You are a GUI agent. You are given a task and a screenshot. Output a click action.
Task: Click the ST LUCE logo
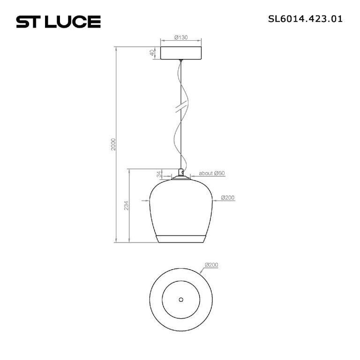point(58,22)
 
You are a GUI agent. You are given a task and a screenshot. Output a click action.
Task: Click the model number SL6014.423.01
point(305,19)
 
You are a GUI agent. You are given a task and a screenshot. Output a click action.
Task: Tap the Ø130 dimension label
point(181,37)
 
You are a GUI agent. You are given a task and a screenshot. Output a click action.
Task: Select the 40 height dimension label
point(152,53)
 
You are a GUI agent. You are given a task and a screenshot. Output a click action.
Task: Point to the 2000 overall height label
point(113,144)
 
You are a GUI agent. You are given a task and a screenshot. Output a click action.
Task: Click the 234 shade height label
point(126,205)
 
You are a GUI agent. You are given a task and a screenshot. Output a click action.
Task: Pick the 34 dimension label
point(159,174)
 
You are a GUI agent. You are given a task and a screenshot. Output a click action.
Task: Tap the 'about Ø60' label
point(212,173)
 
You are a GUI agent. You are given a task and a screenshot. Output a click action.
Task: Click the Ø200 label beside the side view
point(227,197)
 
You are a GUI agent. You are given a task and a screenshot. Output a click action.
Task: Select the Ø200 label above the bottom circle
point(211,265)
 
